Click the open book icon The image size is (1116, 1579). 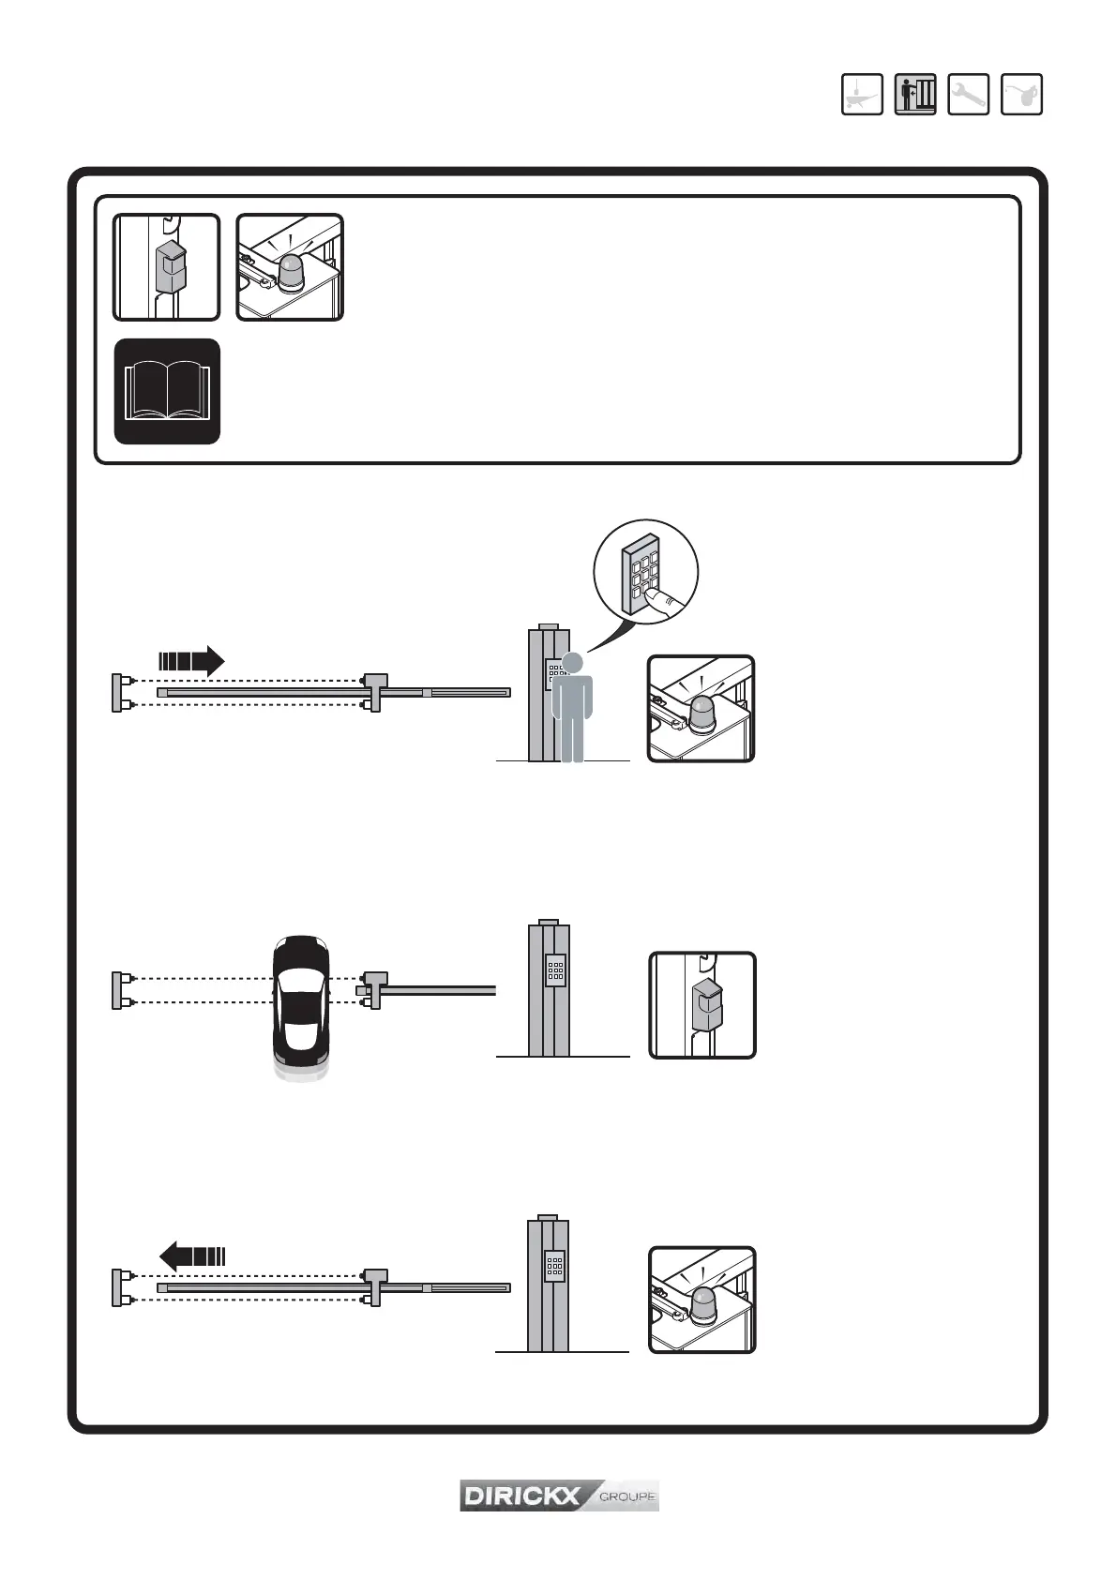(167, 391)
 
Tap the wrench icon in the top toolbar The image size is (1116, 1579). (968, 94)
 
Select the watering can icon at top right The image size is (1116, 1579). (1021, 94)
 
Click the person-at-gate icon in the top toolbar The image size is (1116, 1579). (914, 94)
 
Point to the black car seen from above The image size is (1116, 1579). (301, 1002)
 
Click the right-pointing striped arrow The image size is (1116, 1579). (191, 661)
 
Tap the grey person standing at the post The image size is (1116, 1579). (572, 708)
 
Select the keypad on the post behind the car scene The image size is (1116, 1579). (555, 970)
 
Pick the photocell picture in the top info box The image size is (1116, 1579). (167, 267)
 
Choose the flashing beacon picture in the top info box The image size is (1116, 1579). (290, 267)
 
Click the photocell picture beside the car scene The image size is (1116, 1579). (702, 1005)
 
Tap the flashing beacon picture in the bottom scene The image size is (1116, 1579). (702, 1300)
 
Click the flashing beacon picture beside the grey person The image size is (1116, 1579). (701, 709)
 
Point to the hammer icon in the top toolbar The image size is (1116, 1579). (861, 94)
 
